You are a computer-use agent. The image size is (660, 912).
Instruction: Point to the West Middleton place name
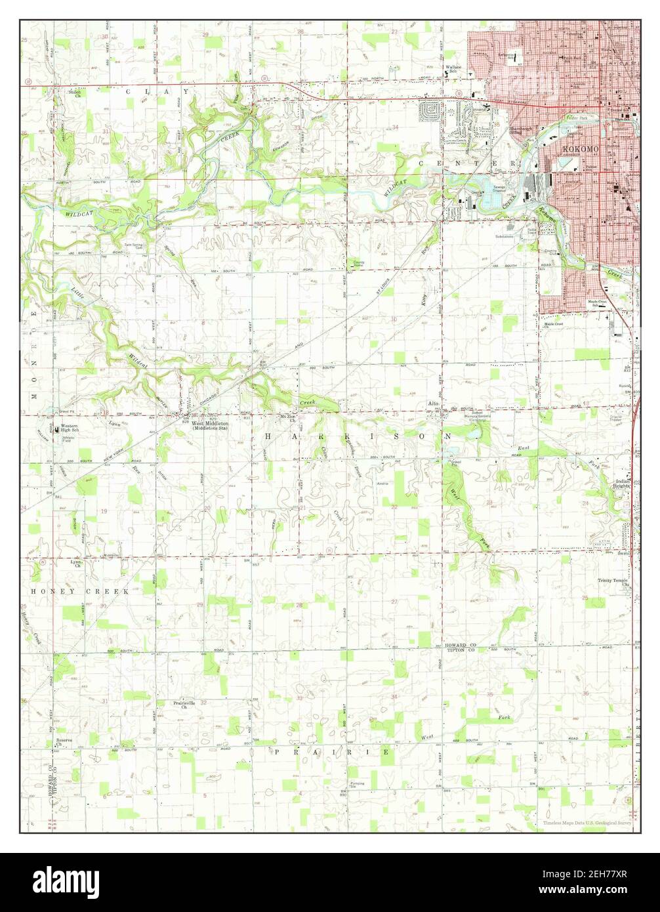click(210, 424)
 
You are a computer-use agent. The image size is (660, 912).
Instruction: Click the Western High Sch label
click(69, 428)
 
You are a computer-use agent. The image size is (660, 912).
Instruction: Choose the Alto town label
click(432, 404)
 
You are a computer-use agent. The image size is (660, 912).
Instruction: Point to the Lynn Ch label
click(76, 563)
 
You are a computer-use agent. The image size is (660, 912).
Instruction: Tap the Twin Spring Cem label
click(134, 246)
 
